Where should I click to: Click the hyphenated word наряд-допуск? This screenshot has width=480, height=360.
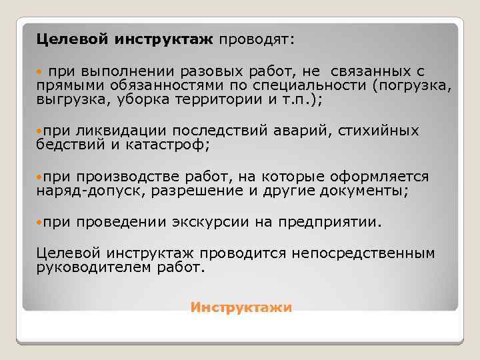pyautogui.click(x=90, y=191)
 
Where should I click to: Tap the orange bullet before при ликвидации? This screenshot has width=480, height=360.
pyautogui.click(x=40, y=130)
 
